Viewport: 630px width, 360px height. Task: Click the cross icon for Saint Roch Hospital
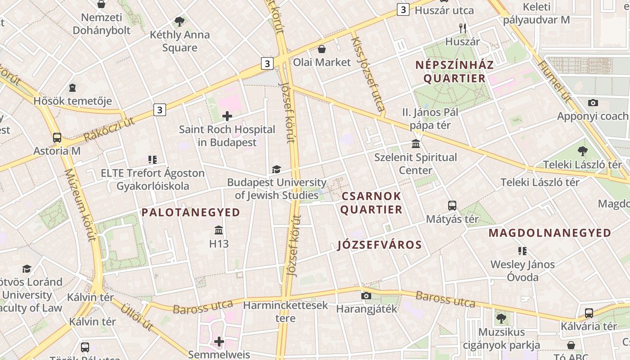[x=227, y=116]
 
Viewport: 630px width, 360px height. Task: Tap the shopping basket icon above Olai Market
[x=322, y=49]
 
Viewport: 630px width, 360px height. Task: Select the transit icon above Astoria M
[x=57, y=137]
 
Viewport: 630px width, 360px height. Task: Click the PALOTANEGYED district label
[x=191, y=212]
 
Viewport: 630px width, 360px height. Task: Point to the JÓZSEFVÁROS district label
[x=380, y=245]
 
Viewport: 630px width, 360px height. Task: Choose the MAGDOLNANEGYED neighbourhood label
[x=550, y=233]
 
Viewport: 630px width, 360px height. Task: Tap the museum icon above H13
[x=219, y=230]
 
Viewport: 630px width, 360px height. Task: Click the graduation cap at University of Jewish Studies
[x=276, y=169]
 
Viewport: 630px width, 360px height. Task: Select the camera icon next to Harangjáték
[x=366, y=296]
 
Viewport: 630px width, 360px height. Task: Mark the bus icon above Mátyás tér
[x=452, y=206]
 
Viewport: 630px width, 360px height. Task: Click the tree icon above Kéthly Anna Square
[x=180, y=21]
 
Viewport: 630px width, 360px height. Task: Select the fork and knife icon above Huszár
[x=463, y=28]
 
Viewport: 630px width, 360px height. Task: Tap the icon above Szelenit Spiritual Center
[x=416, y=144]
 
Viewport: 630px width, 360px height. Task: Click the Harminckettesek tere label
[x=286, y=311]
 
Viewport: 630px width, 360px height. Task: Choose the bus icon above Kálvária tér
[x=589, y=313]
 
